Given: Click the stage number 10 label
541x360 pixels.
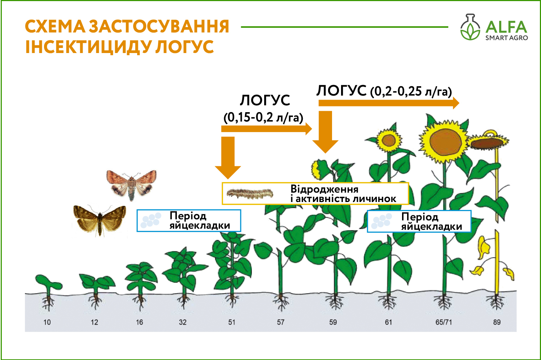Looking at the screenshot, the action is tap(47, 322).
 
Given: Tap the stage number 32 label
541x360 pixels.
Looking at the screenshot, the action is tap(183, 322).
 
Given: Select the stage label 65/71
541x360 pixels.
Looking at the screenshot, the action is tap(444, 322).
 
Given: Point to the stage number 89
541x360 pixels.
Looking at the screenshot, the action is tap(497, 322).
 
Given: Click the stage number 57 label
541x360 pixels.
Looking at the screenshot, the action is tap(281, 322).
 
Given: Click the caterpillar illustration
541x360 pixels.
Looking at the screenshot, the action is tap(250, 194).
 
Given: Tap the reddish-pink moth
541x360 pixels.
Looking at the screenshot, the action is tap(131, 185).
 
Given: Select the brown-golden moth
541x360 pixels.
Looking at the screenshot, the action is tap(100, 220).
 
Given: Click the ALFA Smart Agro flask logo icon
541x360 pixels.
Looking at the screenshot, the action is tap(470, 27).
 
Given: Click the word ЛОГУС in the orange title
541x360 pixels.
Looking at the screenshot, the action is tap(184, 47).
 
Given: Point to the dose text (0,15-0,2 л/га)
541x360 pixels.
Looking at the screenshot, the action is tap(263, 118).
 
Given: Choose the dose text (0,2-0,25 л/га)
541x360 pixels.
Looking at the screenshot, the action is tap(411, 92).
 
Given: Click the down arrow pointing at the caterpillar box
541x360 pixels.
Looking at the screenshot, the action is tap(228, 157).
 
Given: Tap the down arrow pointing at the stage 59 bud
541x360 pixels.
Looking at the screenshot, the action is tap(325, 132).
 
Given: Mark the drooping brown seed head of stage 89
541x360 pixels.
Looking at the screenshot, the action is tap(487, 144).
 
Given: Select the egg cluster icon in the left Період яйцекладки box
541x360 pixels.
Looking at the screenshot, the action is tap(151, 220).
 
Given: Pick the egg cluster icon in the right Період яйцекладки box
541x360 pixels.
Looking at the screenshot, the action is tap(381, 221).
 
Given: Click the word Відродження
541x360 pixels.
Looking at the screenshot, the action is tap(324, 189).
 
